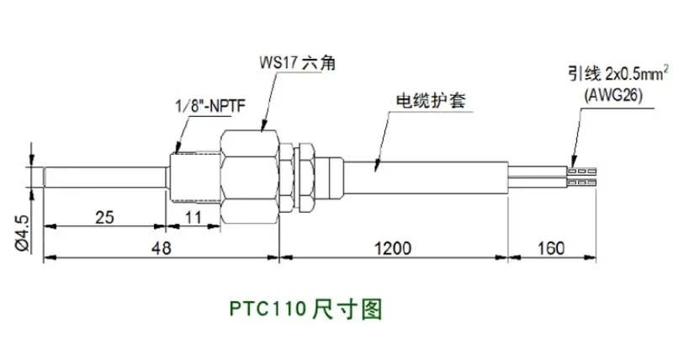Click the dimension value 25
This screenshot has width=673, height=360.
(104, 217)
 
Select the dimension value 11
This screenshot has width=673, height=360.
(193, 217)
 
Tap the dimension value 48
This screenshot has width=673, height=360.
(161, 248)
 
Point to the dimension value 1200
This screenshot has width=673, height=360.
(393, 248)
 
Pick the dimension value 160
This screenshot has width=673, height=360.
(551, 248)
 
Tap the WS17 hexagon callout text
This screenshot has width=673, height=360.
(297, 63)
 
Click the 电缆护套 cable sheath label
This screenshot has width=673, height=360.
(431, 101)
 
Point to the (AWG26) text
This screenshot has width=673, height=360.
(613, 95)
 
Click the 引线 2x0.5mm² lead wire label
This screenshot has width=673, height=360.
(618, 74)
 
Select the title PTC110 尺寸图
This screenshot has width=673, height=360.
(305, 309)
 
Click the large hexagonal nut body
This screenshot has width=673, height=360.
(249, 177)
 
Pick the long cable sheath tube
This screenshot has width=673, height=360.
(427, 177)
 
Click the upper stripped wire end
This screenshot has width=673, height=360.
(582, 172)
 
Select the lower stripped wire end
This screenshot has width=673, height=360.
(582, 183)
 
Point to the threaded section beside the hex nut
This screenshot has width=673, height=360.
(195, 177)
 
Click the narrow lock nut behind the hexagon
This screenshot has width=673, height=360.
(306, 177)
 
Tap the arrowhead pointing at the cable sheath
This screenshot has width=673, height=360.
(377, 165)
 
